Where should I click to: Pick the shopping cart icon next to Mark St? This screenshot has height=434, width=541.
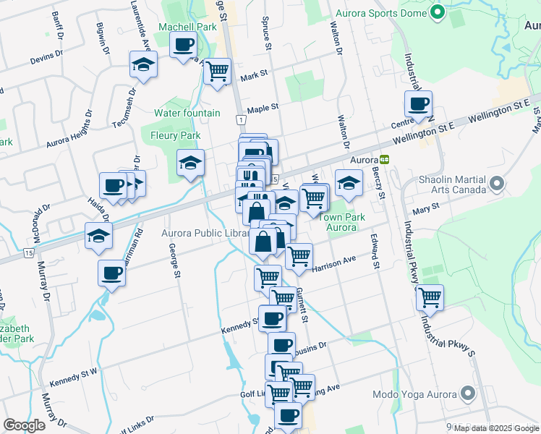click(217, 72)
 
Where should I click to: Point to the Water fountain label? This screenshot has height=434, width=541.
click(187, 113)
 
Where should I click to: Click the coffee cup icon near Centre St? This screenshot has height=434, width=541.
click(418, 104)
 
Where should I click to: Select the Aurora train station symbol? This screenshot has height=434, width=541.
click(385, 159)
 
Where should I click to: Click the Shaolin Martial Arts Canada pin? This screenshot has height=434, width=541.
click(497, 185)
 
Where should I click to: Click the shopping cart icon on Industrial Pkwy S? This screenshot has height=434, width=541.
click(430, 297)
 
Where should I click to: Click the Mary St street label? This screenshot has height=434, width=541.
click(421, 211)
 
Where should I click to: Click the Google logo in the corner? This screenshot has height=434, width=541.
click(24, 425)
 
